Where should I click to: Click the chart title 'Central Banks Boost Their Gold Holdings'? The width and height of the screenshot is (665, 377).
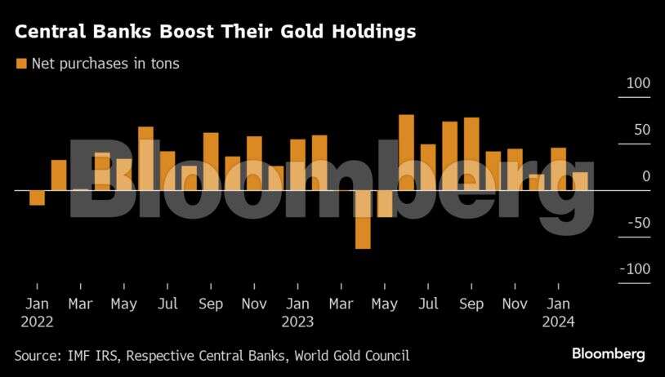(x=215, y=32)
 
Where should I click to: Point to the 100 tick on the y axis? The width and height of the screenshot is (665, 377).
(x=638, y=83)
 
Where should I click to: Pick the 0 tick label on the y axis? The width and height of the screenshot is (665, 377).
(x=645, y=176)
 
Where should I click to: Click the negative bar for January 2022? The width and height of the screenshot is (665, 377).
(x=37, y=197)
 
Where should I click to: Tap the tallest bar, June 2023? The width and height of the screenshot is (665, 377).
(x=406, y=152)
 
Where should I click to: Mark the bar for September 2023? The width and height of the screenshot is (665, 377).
(x=471, y=153)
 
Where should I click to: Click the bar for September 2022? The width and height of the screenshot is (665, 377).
(x=211, y=161)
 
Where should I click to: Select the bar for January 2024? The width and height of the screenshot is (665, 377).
(x=559, y=169)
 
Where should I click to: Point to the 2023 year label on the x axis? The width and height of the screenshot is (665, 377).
(x=297, y=322)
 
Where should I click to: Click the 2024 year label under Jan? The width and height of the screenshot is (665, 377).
(x=558, y=322)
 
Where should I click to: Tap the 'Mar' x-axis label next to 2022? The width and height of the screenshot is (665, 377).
(x=80, y=305)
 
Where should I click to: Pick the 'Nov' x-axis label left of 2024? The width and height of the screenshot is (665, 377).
(x=515, y=305)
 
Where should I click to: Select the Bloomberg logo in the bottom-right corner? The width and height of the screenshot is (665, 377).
(x=608, y=354)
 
